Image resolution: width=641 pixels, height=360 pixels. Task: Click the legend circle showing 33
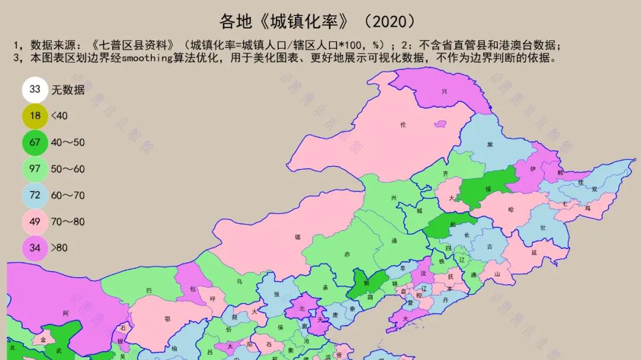point(35,90)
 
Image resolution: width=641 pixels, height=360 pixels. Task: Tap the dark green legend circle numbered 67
point(35,142)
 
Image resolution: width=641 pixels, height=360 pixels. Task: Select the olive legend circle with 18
point(35,116)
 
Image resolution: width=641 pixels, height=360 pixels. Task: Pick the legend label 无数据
point(68,90)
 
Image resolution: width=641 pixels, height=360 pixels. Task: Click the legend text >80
point(59,248)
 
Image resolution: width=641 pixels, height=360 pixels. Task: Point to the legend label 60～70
point(68,195)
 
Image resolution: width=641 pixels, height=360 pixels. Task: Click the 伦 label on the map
point(404,125)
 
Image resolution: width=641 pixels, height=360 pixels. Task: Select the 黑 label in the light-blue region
point(490,145)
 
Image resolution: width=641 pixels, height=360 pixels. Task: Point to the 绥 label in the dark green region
point(488,189)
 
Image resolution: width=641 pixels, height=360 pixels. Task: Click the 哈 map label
point(512,210)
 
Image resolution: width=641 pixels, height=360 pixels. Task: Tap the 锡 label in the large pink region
point(297,237)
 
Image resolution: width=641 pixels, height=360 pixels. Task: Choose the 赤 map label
point(347,254)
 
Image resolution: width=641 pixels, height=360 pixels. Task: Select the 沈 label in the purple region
point(423,273)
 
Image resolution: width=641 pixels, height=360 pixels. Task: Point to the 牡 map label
point(543,228)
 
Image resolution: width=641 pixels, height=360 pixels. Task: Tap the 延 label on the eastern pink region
point(534,253)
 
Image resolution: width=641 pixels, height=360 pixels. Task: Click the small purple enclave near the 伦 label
point(440,124)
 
